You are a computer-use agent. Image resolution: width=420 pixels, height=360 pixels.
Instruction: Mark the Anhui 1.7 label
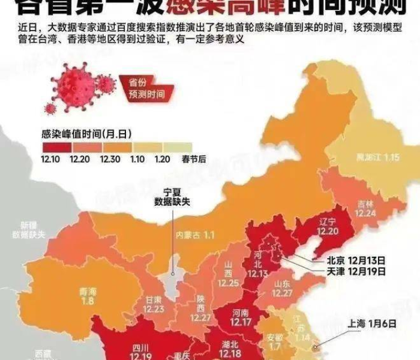click(x=275, y=341)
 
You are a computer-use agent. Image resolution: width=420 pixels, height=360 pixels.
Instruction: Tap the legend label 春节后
click(x=177, y=159)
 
